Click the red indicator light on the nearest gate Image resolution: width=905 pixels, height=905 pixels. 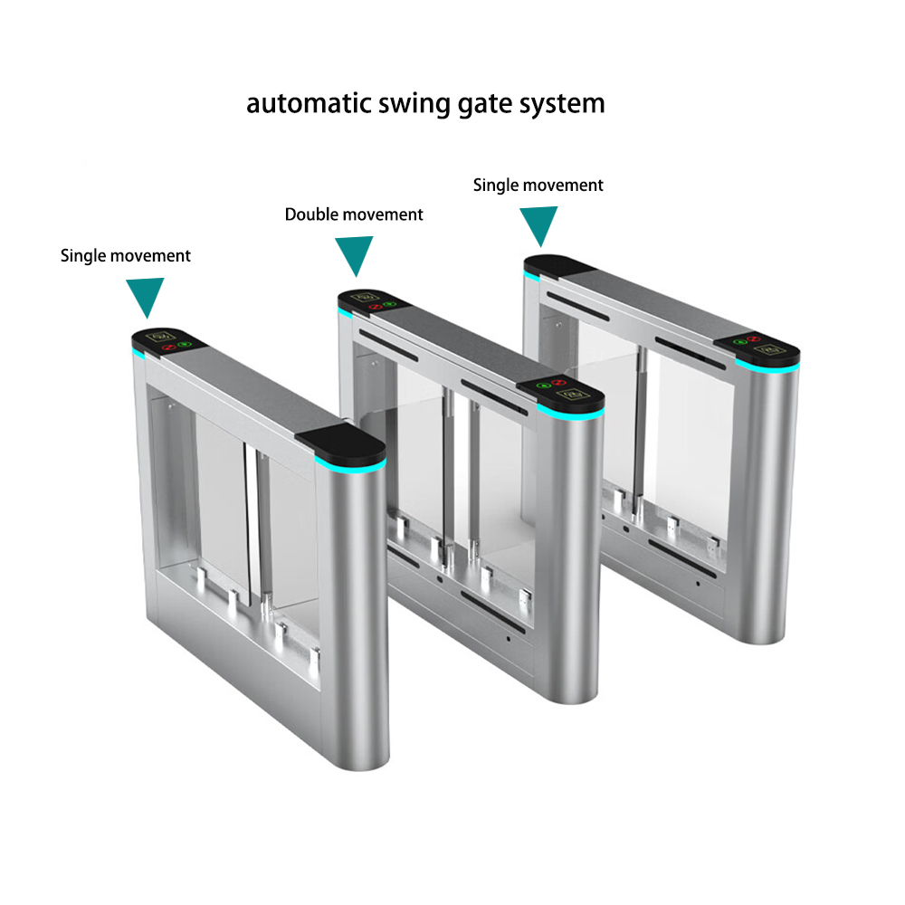click(x=168, y=348)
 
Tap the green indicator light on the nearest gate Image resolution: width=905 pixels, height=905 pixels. click(x=185, y=345)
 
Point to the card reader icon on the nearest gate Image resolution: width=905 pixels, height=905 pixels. click(x=160, y=336)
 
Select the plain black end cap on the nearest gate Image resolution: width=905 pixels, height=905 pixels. click(x=341, y=443)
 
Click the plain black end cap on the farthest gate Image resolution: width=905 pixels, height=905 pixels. click(x=557, y=265)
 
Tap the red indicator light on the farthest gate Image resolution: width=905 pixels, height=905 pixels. click(x=753, y=338)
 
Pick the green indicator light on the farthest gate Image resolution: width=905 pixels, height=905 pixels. click(x=740, y=342)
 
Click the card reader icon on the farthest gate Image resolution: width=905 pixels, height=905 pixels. click(x=768, y=349)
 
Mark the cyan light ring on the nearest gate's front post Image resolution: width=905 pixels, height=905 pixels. click(x=350, y=466)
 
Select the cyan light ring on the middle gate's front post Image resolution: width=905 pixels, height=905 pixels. click(x=570, y=411)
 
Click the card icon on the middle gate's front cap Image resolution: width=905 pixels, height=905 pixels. click(x=573, y=395)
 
